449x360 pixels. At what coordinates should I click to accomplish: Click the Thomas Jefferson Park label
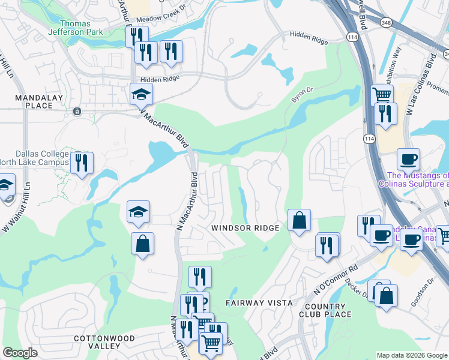(x=76, y=28)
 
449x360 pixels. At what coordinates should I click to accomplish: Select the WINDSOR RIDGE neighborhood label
(x=245, y=228)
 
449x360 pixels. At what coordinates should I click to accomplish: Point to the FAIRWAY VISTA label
(x=259, y=303)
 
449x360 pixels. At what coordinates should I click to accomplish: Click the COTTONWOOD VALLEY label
(x=104, y=343)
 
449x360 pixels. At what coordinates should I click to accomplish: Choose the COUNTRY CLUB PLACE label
(x=325, y=310)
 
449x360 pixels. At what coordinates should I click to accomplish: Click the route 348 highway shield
(x=386, y=22)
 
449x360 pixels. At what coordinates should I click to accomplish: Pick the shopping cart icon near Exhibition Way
(x=382, y=94)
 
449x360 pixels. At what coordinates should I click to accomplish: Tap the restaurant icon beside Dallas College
(x=82, y=162)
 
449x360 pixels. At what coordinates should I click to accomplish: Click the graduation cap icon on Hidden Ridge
(x=142, y=94)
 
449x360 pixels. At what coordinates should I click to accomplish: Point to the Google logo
(x=20, y=353)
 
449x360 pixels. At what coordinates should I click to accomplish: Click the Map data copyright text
(x=411, y=355)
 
